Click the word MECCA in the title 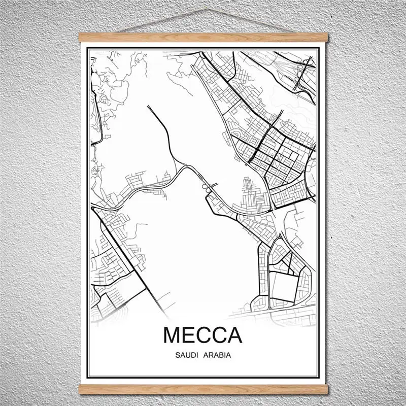coord(203,336)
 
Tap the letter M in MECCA coord(172,336)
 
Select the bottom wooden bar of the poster coord(203,390)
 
